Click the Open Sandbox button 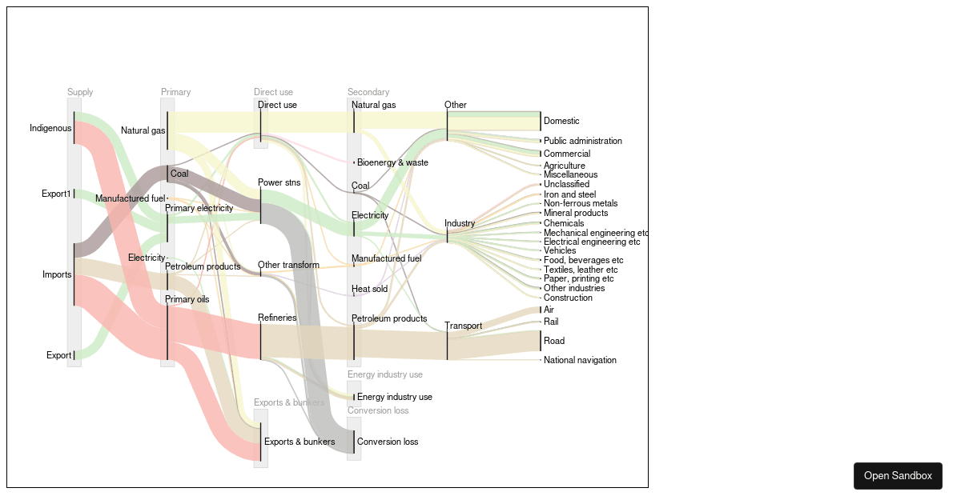tap(898, 475)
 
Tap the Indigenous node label tap(50, 128)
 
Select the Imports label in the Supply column tap(57, 274)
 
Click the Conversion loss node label tap(388, 442)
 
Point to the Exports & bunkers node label tap(300, 442)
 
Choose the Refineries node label tap(277, 318)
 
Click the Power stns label tap(279, 182)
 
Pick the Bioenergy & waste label tap(392, 162)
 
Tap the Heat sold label tap(369, 289)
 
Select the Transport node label tap(463, 326)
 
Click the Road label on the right tap(554, 341)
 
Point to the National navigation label tap(580, 360)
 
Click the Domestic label tap(561, 121)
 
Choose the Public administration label tap(582, 141)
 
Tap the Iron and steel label tap(570, 194)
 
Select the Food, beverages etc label tap(583, 260)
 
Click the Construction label tap(568, 298)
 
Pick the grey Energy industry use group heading tap(384, 374)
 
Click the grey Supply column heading tap(80, 92)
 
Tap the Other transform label tap(288, 265)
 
